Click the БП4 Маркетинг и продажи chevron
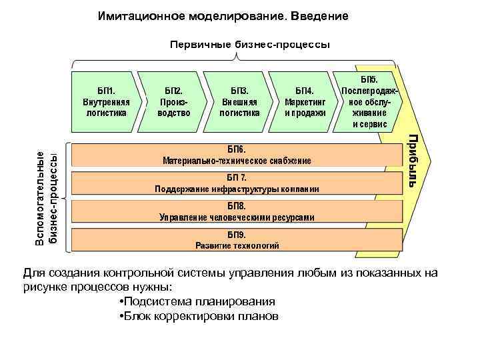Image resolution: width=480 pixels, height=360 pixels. (x=304, y=102)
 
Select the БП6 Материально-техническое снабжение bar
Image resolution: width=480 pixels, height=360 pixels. (x=237, y=155)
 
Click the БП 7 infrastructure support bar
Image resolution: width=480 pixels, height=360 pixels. (x=237, y=183)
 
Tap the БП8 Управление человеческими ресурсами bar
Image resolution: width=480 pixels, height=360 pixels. (x=237, y=211)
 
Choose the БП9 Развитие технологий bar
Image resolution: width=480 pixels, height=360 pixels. (x=237, y=240)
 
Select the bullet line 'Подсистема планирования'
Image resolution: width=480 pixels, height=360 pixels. (x=195, y=301)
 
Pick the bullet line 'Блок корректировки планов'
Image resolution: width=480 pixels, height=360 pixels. (x=197, y=315)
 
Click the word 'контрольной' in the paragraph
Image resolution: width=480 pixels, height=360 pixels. (x=138, y=273)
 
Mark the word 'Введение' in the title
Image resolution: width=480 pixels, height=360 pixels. (x=317, y=15)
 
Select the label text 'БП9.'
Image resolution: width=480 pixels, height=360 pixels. (x=237, y=235)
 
